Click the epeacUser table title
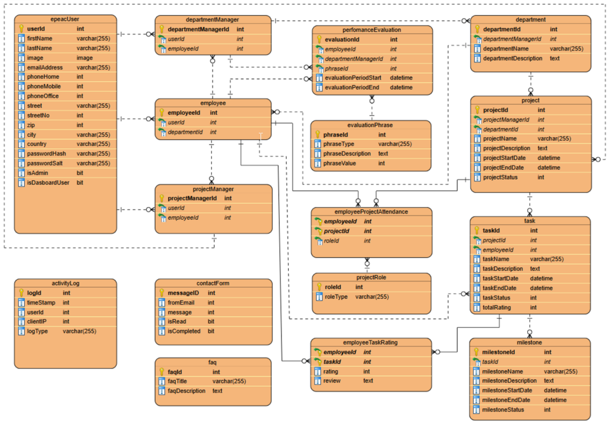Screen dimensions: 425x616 65,19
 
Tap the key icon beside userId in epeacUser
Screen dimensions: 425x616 21,28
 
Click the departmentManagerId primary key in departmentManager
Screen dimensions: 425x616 198,29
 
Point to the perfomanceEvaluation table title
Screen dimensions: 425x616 371,29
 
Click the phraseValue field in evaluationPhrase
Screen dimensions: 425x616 340,163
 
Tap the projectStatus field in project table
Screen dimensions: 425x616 500,177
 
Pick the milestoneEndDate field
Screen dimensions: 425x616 507,400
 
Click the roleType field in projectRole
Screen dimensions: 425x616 337,297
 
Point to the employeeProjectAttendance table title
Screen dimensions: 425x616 371,212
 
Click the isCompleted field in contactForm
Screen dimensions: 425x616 184,331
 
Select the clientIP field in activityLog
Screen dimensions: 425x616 38,322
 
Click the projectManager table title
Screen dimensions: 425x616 213,189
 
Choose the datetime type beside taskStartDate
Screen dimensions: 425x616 541,279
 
